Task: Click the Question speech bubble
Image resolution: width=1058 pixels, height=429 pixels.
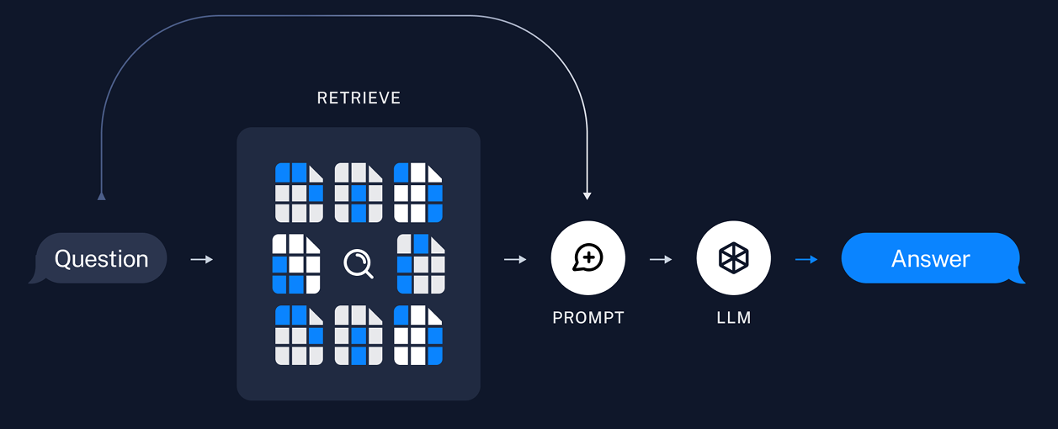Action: pos(101,258)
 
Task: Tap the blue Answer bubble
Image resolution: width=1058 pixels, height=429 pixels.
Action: pos(931,258)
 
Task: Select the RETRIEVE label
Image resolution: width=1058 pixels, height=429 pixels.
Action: pos(359,98)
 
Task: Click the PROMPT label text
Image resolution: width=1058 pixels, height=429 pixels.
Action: pos(588,318)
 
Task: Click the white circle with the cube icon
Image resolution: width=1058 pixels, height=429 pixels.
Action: pos(734,258)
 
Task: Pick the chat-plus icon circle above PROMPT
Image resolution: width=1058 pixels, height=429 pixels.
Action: pos(588,258)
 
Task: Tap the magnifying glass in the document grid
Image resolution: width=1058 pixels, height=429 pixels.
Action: pos(359,264)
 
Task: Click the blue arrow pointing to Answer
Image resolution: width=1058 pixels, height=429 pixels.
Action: pos(806,259)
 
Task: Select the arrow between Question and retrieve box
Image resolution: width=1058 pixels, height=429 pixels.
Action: pos(202,259)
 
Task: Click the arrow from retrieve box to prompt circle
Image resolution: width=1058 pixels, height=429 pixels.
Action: pos(515,259)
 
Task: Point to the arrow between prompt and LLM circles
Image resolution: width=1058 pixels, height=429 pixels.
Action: pos(661,259)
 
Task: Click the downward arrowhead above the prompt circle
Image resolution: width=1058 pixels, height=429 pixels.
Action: pos(587,196)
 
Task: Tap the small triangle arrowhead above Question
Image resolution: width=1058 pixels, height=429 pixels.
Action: pos(102,196)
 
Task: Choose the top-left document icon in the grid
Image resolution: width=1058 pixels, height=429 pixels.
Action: pos(299,193)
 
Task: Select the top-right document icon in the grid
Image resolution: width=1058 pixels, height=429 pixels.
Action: pos(418,193)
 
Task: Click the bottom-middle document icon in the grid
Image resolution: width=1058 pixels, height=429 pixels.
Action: pos(359,335)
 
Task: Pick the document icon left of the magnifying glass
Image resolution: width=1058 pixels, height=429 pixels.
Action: pos(296,264)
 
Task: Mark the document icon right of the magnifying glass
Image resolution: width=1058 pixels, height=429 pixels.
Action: pos(421,264)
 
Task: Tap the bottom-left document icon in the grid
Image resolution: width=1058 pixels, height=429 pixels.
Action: pos(299,335)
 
